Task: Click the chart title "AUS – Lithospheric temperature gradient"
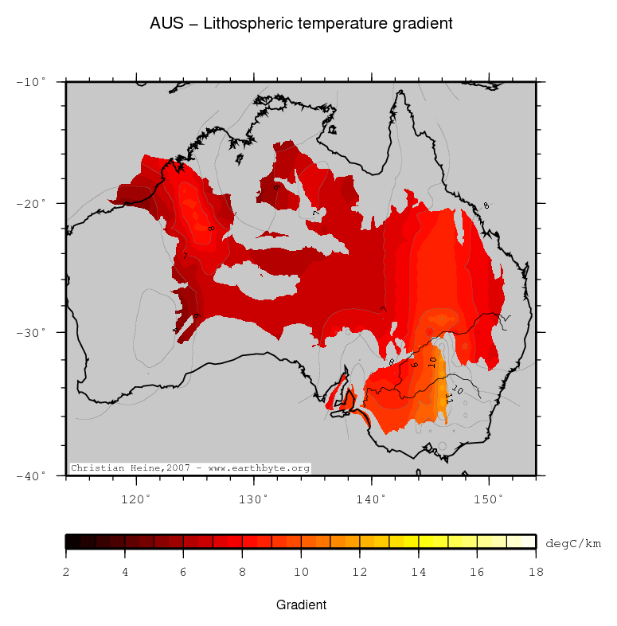[301, 24]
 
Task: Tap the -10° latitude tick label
[32, 82]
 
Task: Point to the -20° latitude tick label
[32, 204]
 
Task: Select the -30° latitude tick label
[32, 332]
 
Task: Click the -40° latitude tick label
[32, 475]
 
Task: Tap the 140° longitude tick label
[370, 499]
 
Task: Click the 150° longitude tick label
[488, 499]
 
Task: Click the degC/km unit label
[572, 543]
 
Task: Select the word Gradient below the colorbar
[301, 605]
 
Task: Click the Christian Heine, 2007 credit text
[189, 468]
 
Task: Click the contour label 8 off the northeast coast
[486, 205]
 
